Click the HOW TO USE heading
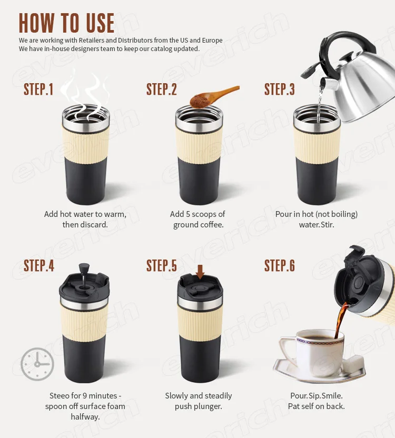(x=66, y=23)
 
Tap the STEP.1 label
(x=38, y=89)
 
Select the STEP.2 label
(x=162, y=89)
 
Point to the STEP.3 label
(x=280, y=89)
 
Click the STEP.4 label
(x=39, y=265)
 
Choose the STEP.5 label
(x=162, y=265)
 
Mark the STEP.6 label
(x=280, y=265)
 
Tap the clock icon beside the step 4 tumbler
(x=37, y=364)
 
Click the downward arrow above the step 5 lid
(x=200, y=272)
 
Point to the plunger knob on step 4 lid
(x=84, y=268)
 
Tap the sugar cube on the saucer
(x=353, y=363)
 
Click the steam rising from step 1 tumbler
(x=84, y=95)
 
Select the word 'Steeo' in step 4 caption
(x=60, y=395)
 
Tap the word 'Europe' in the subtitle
(x=212, y=41)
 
